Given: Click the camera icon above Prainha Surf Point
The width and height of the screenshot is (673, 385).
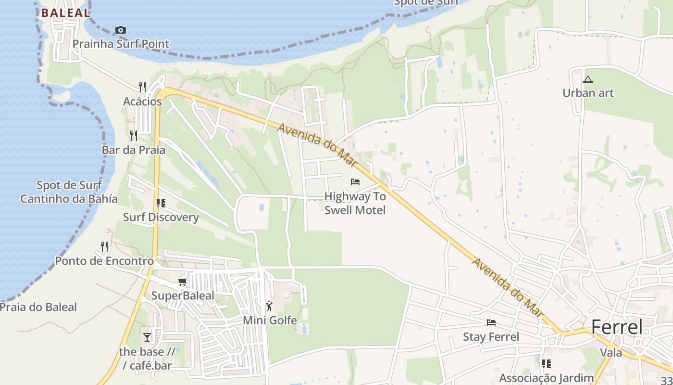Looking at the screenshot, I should pos(121,30).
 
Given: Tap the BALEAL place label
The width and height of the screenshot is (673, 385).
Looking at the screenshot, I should pos(65,13).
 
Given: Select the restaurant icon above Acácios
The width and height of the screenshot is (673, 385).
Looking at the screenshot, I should pos(142,87).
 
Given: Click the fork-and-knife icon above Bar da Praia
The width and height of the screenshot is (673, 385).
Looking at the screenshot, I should pos(134,135).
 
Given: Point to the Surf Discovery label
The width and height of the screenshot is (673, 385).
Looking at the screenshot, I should pos(161,217).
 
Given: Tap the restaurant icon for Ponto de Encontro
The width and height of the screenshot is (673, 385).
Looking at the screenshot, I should pos(104,247).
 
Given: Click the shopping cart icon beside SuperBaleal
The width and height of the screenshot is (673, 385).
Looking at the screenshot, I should pos(182,282).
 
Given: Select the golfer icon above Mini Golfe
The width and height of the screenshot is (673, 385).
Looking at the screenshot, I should pos(269,306).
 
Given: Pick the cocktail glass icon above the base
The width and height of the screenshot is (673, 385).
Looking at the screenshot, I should pos(147,337).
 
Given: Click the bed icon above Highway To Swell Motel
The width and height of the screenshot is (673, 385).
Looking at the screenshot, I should pos(355,182).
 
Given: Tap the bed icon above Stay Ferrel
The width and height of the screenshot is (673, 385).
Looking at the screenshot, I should pos(491,322).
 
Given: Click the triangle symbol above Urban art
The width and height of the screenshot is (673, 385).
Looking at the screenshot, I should pos(587,79).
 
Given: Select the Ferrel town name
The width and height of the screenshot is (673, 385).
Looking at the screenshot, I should pos(616,327).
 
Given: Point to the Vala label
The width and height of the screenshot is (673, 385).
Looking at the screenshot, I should pos(611,353).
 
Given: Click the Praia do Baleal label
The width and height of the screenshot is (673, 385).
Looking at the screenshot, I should pos(38,307).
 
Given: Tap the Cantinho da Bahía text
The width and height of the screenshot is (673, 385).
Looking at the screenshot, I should pos(69,199).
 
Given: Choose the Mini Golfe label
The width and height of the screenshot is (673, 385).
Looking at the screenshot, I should pos(270,320).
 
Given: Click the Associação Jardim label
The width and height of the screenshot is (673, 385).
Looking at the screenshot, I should pos(546,378).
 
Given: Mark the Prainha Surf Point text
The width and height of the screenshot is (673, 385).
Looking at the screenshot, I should pos(121,44).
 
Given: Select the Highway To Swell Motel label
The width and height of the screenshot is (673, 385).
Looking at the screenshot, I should pos(355,203).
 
